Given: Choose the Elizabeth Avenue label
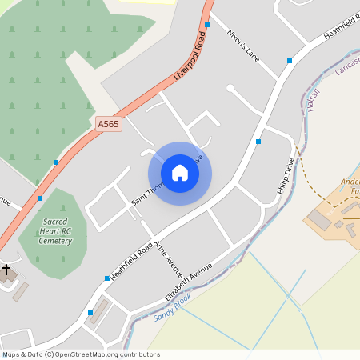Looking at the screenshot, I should coord(189,281).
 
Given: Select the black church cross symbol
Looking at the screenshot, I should coord(6,270).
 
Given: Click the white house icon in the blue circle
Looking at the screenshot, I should coord(180,173).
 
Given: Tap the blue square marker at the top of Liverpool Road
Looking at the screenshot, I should coord(206,25).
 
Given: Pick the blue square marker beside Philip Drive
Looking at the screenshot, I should coord(258,142).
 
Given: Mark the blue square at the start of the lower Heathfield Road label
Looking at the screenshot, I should coord(107,278).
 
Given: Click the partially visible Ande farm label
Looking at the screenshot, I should coord(350,186).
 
